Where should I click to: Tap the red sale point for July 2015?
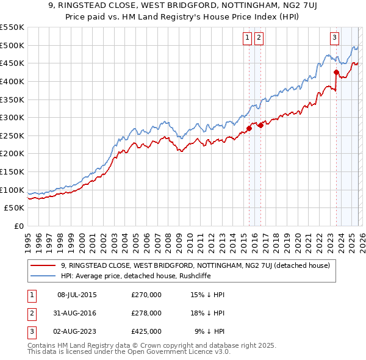click(x=249, y=129)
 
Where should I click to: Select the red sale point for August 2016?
click(x=261, y=126)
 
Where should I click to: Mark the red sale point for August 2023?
click(x=336, y=73)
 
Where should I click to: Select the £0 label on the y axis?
click(x=18, y=226)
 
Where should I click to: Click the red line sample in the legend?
click(x=44, y=265)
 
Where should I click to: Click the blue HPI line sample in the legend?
click(x=44, y=276)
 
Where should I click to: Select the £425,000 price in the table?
click(x=146, y=331)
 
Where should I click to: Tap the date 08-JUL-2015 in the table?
click(x=77, y=295)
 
